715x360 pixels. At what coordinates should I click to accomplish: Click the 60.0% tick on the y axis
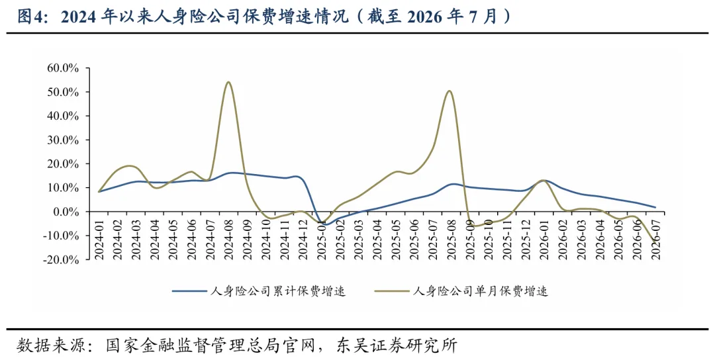tap(63, 68)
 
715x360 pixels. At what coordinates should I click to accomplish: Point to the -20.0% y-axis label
tap(61, 260)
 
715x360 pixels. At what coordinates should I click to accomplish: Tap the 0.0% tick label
tap(66, 212)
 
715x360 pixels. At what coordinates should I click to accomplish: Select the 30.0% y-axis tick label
tap(63, 140)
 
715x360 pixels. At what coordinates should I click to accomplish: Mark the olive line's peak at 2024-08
tap(228, 82)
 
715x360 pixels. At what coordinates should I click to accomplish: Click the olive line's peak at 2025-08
tap(450, 91)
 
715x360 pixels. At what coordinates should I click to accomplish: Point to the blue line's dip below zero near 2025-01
tap(324, 224)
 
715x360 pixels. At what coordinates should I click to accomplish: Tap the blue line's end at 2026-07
tap(655, 207)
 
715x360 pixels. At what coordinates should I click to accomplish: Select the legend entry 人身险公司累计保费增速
tap(259, 291)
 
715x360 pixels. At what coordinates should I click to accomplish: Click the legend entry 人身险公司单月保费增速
tap(461, 291)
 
